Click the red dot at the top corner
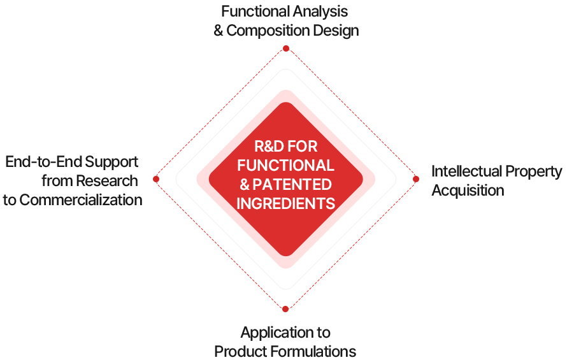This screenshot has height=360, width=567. [x=286, y=48]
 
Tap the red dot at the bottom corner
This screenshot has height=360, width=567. [x=285, y=309]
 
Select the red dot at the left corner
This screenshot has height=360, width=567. [x=156, y=179]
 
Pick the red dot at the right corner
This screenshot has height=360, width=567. [x=416, y=179]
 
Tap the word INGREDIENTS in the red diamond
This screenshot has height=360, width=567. [x=286, y=204]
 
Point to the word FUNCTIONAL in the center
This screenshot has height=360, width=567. [x=286, y=166]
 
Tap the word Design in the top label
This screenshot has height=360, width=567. [x=339, y=31]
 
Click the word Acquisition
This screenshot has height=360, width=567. [x=468, y=191]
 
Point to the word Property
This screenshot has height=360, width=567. [x=535, y=171]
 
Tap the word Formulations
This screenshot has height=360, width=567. [x=315, y=351]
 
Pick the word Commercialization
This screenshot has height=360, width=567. [x=81, y=199]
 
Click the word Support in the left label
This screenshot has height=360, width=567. [x=112, y=161]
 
